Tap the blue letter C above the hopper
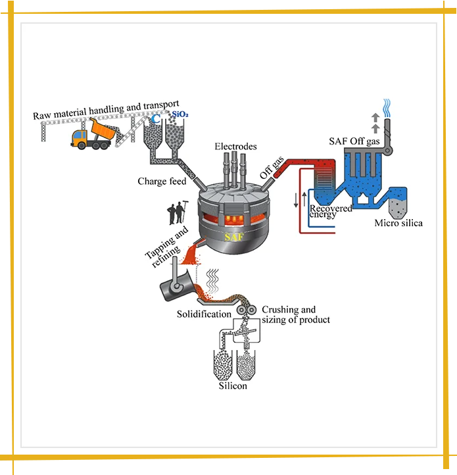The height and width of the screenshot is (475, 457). click(156, 120)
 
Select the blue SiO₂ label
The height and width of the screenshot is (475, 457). click(180, 116)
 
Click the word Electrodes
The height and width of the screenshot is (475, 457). click(235, 146)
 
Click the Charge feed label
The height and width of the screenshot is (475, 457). click(162, 181)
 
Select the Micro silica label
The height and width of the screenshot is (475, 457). click(398, 223)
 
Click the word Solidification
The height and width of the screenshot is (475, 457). click(204, 314)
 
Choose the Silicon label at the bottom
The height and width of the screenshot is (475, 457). click(233, 386)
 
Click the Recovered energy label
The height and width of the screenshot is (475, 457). click(330, 211)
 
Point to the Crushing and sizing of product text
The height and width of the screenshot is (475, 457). click(295, 314)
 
